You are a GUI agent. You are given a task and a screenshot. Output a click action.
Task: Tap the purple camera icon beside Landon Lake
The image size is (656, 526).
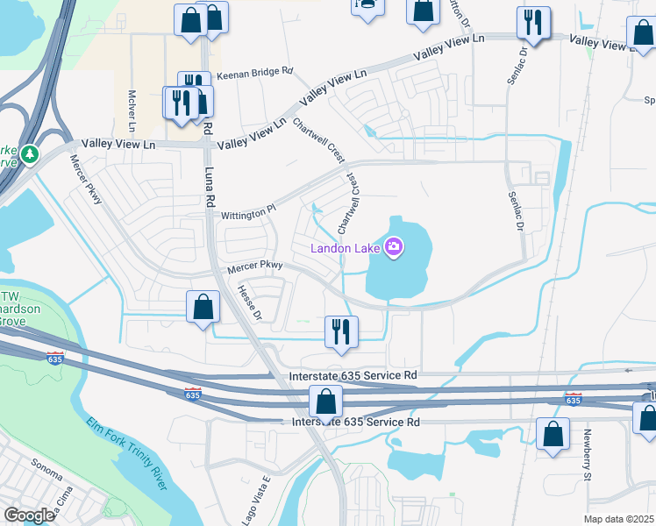point(395,247)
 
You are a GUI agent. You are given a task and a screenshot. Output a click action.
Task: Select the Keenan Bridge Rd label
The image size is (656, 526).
point(254,78)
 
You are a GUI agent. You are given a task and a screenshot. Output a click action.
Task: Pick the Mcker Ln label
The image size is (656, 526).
point(133,106)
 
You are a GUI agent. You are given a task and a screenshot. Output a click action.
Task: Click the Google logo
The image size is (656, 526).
point(29,515)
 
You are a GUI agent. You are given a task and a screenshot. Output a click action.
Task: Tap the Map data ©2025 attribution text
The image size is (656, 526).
point(619,519)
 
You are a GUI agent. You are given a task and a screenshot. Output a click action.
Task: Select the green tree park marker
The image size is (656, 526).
point(31,154)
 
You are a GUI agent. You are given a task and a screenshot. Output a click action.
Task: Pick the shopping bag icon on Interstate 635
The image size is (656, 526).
point(325,402)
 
